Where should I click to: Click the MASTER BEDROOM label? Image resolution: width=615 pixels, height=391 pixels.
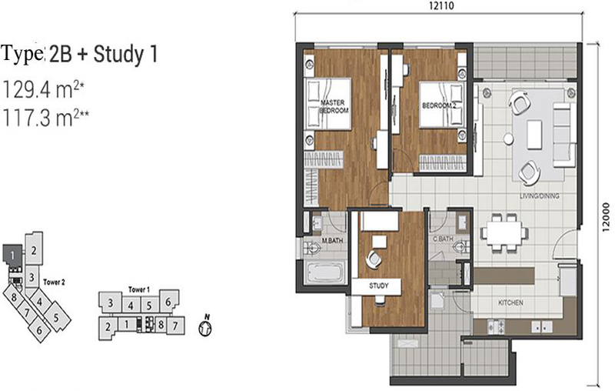tap(334, 107)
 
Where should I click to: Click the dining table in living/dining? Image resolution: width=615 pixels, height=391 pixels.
tap(504, 232)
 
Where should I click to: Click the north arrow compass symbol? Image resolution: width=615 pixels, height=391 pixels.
tap(204, 326)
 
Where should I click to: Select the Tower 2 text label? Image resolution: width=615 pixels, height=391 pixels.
tap(59, 282)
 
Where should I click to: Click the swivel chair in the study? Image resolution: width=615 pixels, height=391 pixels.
tap(373, 259)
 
